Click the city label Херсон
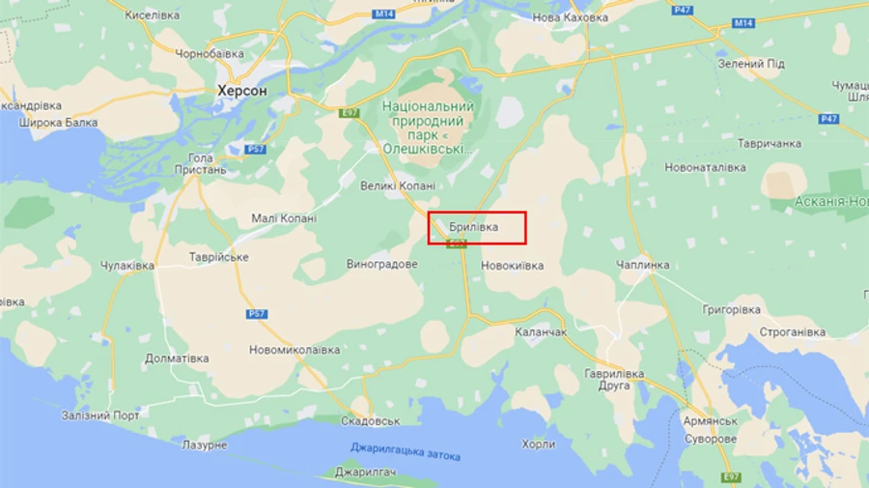(x=241, y=90)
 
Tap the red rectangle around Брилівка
(x=477, y=227)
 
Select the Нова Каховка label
(x=570, y=17)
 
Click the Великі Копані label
(x=397, y=186)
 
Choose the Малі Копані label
(x=284, y=218)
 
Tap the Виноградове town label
(x=382, y=264)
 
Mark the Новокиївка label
(x=512, y=266)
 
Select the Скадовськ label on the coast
(x=371, y=421)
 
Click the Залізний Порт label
(x=100, y=416)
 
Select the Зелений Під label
(x=751, y=64)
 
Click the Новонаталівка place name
(x=705, y=167)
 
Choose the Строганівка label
(x=792, y=332)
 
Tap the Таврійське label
(x=219, y=257)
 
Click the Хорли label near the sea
(x=538, y=445)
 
